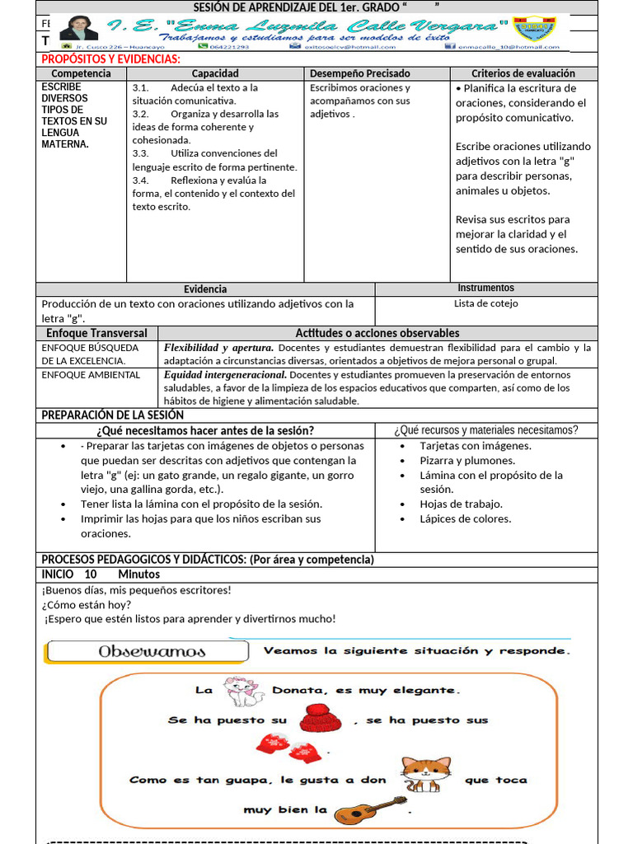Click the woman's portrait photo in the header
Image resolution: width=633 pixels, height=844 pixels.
point(79,30)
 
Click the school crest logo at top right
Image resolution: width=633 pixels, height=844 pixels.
point(535,30)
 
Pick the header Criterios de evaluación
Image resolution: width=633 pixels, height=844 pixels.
point(523,73)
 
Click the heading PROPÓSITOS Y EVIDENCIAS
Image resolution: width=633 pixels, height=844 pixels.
point(111,59)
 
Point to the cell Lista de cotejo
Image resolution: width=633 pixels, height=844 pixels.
point(485,303)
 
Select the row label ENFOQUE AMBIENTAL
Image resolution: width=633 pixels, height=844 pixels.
point(91,374)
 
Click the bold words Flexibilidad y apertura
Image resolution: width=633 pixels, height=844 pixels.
point(218,348)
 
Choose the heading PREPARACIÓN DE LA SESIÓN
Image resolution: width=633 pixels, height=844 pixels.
point(113,415)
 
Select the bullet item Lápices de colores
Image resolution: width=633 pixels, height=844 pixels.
point(465,518)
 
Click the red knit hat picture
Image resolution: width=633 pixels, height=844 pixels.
point(321,719)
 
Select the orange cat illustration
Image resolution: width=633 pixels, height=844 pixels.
point(425,776)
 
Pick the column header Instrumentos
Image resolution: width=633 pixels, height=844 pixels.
point(485,288)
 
